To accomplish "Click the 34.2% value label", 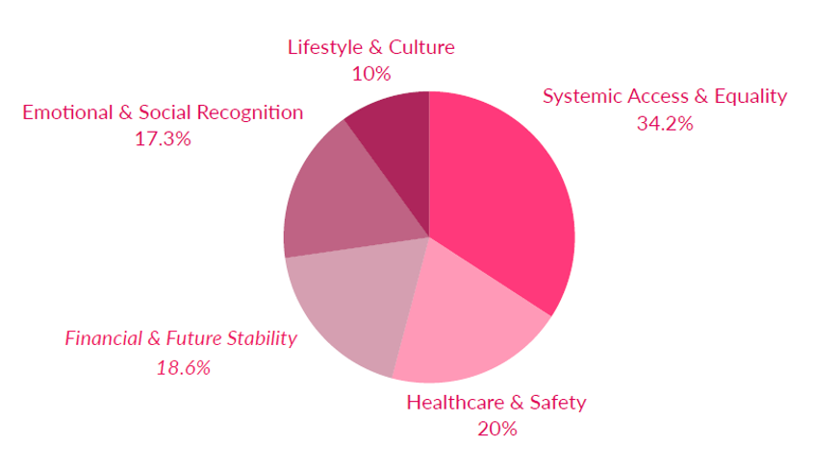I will (664, 123).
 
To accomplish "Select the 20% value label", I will (496, 429).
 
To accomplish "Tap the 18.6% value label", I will (183, 367).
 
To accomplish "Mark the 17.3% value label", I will (163, 138).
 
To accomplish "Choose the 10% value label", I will (370, 73).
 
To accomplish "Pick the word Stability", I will (260, 338).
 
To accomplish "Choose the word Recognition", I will (250, 112).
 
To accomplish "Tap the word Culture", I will (422, 47).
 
